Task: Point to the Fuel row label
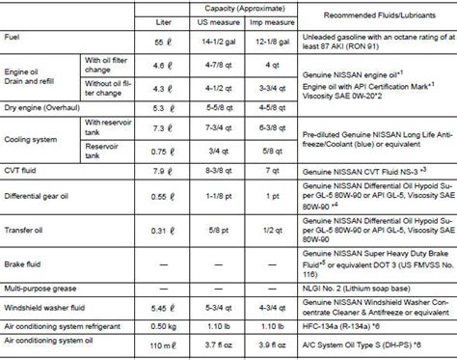(14, 38)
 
